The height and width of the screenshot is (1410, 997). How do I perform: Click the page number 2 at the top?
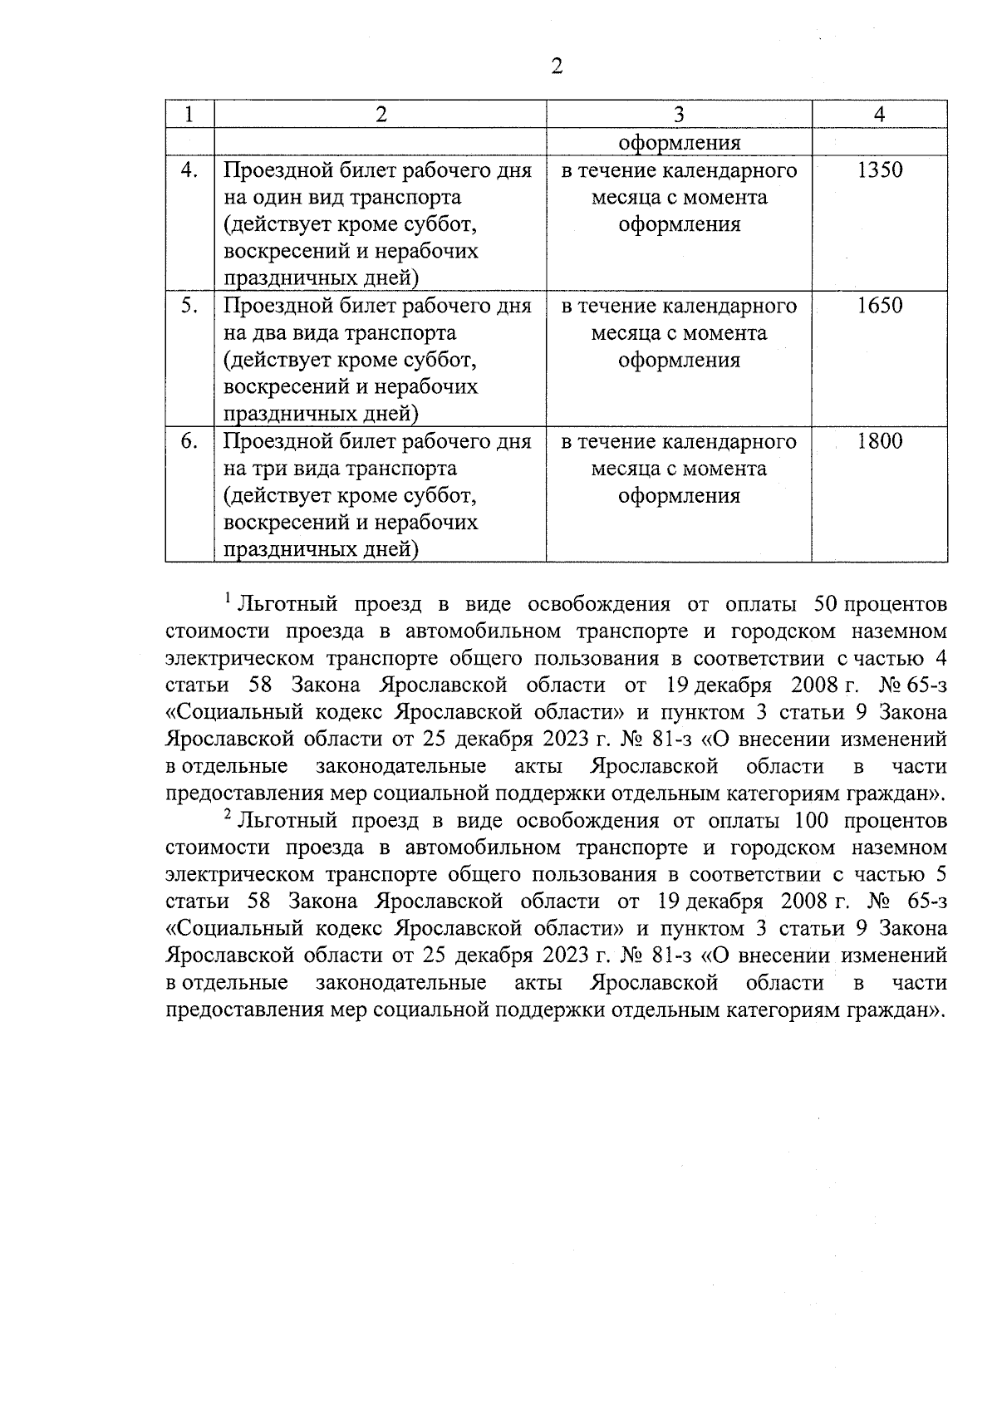coord(557,66)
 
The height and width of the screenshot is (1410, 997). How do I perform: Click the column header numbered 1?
coord(189,115)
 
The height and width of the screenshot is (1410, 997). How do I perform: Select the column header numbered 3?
coord(679,115)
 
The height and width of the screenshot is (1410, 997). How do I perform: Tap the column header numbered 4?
coord(879,115)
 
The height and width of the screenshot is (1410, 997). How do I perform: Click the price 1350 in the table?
coord(879,170)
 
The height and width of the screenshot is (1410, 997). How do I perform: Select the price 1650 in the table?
coord(879,306)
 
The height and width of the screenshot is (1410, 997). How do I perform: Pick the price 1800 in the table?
coord(879,441)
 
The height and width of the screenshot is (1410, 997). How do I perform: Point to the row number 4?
coord(189,170)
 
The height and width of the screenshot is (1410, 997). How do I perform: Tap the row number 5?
coord(189,306)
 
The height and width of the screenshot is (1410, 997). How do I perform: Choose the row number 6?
coord(189,441)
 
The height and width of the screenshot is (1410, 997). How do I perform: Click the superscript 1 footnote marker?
coord(228,597)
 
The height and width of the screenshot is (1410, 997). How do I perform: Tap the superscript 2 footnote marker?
coord(228,815)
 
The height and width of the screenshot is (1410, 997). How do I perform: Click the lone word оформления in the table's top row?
coord(679,142)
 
